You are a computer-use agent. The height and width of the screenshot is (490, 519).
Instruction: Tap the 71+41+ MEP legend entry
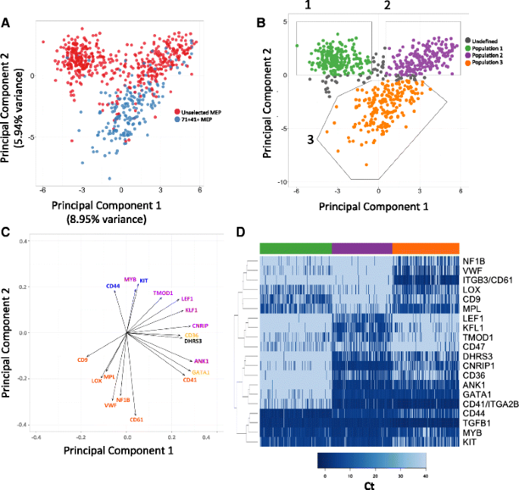tap(195, 120)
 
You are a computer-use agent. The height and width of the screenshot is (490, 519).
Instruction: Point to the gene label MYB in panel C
tap(130, 279)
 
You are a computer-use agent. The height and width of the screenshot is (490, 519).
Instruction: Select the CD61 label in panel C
tap(137, 419)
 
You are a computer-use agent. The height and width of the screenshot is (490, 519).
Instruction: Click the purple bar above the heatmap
tap(362, 249)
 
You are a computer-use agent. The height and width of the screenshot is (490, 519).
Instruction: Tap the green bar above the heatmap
tap(295, 249)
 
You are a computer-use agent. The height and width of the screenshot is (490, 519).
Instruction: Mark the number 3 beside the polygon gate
tap(310, 139)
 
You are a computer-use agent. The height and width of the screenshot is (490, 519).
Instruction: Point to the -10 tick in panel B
tap(281, 182)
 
